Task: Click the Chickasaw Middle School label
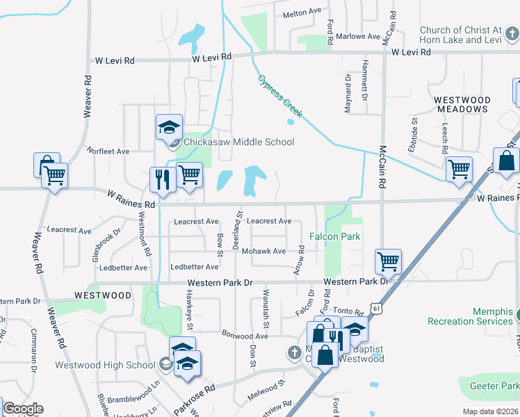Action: pos(239,142)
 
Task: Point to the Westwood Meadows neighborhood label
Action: pos(462,105)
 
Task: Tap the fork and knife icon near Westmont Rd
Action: pos(160,179)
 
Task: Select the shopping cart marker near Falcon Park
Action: pos(387,262)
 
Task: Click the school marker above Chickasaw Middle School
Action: pos(169,127)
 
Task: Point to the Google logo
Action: pos(23,409)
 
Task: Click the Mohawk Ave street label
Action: pos(264,251)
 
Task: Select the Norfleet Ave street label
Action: pos(108,151)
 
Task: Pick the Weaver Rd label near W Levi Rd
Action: pos(88,90)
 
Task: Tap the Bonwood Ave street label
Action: pos(245,336)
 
